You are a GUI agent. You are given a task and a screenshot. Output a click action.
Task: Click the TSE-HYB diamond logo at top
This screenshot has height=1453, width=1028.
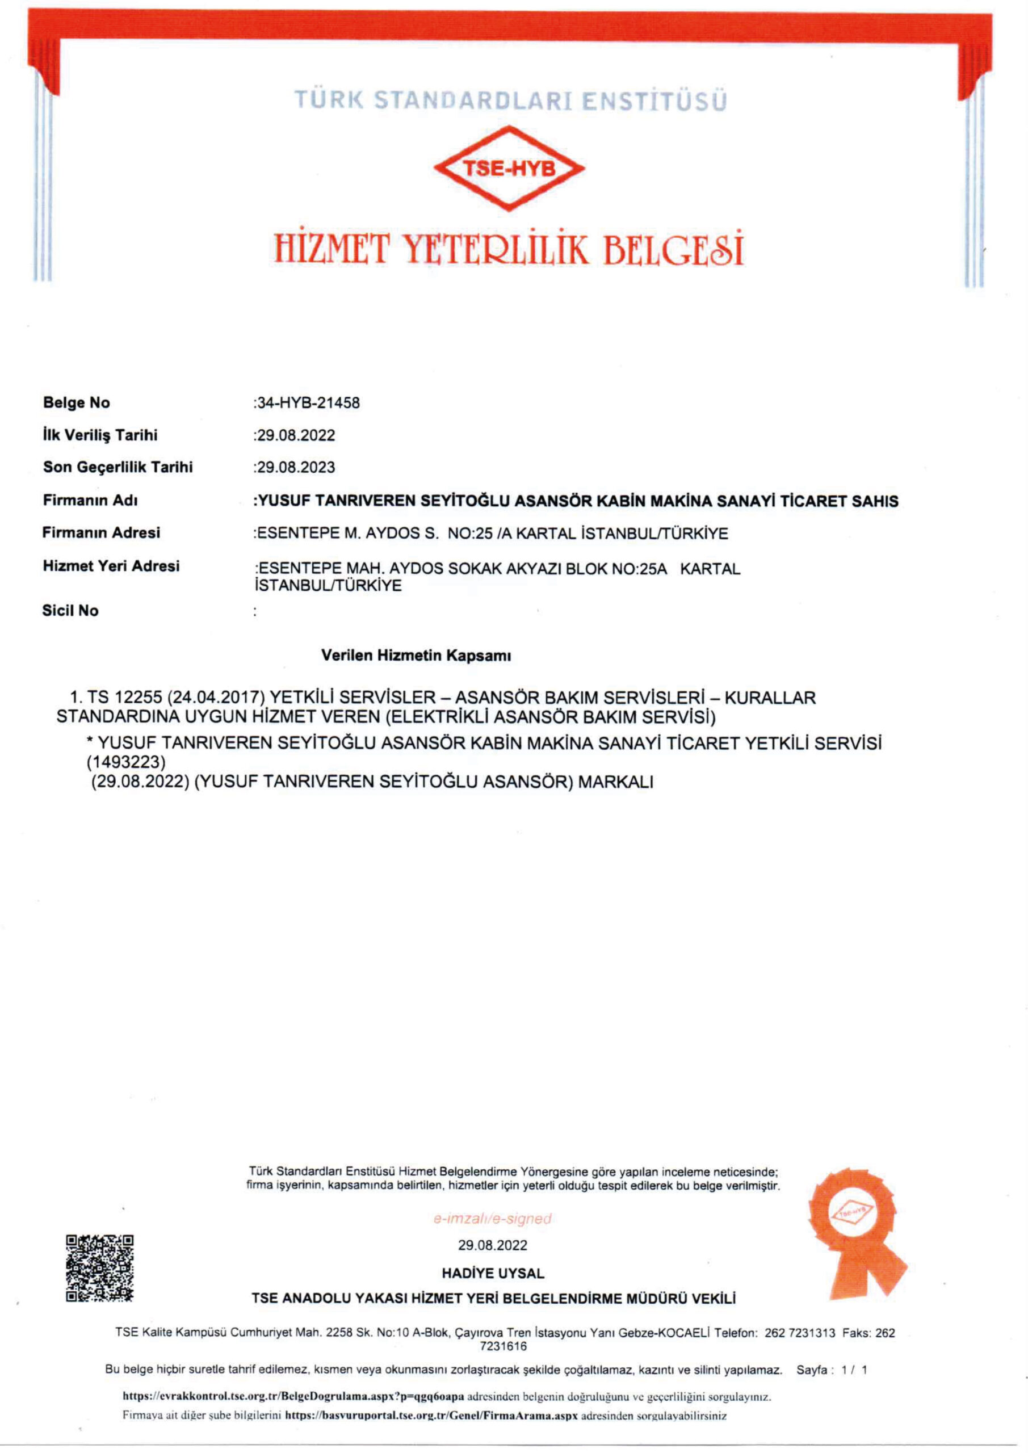509,167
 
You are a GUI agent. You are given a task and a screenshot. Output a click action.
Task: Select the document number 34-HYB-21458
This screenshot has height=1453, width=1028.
308,403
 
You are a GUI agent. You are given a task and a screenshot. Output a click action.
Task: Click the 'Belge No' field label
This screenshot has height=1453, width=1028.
77,402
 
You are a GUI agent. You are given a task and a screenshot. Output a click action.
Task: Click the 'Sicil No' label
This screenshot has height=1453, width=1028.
70,611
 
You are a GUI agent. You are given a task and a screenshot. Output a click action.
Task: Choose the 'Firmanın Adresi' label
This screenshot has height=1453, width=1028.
101,533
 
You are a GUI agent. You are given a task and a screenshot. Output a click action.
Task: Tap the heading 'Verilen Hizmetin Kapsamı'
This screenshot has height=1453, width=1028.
416,656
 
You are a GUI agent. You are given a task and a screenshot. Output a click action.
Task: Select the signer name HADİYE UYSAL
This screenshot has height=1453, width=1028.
493,1273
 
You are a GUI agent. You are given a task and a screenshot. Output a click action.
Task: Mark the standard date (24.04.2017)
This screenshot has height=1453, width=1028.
216,698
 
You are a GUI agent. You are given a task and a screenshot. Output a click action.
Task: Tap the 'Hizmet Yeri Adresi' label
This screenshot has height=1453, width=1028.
111,566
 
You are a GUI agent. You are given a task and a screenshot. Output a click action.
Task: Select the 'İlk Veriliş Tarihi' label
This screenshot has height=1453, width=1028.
100,435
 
